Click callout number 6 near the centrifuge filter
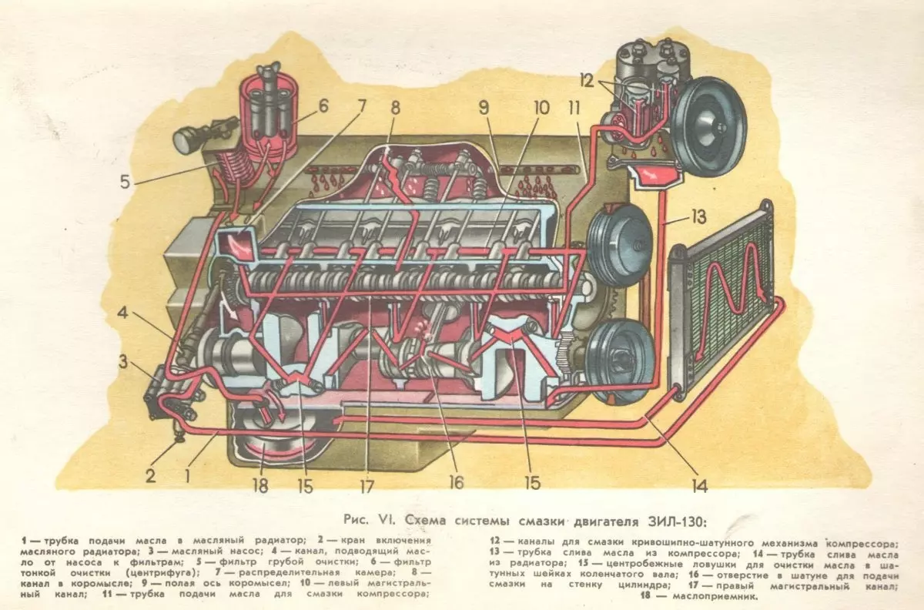(x=322, y=106)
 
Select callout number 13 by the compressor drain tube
(x=698, y=218)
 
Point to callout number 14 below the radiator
(x=698, y=485)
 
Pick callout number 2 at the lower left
(x=150, y=475)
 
